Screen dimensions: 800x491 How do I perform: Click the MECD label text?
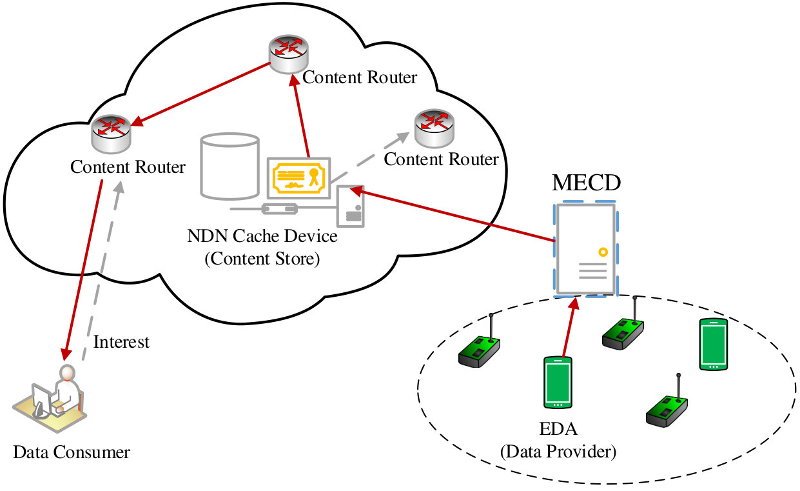click(586, 183)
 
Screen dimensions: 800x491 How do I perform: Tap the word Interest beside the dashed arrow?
click(121, 342)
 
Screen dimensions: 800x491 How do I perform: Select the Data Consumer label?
click(72, 452)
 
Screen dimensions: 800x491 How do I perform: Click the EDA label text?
click(558, 429)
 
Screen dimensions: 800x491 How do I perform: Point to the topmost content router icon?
click(289, 54)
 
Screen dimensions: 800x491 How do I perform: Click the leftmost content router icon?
click(111, 134)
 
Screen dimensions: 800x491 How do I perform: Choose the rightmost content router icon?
click(434, 128)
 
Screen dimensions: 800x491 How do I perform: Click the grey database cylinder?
click(229, 166)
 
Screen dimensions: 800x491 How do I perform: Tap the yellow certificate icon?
click(299, 178)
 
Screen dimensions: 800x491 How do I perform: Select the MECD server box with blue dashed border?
click(586, 249)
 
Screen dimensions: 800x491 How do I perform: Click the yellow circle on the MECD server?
click(603, 252)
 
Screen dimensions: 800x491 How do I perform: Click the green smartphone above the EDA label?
click(558, 383)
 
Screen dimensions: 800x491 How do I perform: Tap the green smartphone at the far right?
click(713, 345)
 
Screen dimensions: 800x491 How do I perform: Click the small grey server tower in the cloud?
click(351, 206)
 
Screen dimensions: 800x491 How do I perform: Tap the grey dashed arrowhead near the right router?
click(402, 138)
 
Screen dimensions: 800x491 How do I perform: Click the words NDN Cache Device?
click(262, 236)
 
